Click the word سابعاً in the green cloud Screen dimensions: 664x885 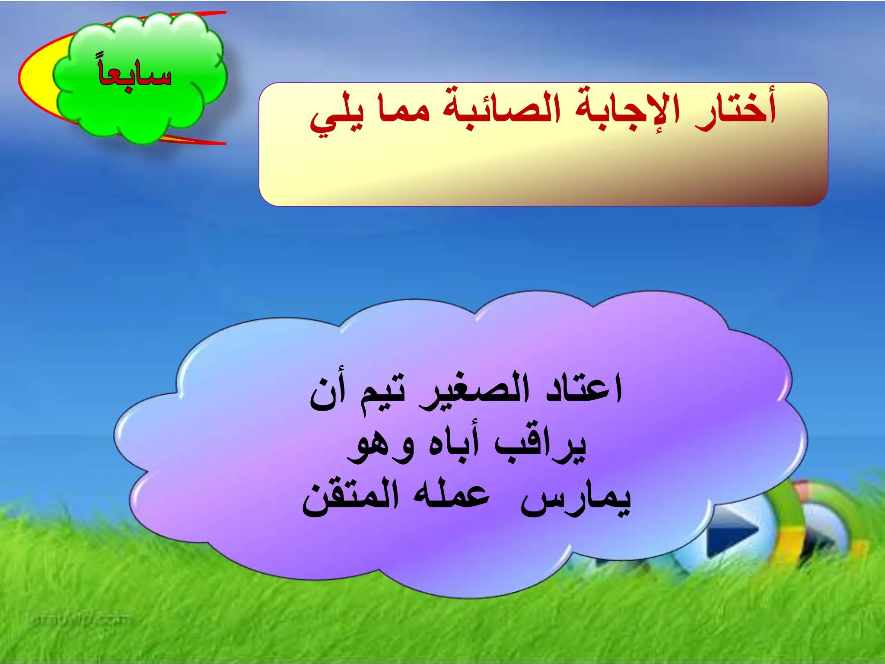135,74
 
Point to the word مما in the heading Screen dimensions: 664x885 404,109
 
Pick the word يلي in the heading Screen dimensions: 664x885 337,114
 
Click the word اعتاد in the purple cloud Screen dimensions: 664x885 583,388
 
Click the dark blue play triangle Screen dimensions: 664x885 730,530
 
